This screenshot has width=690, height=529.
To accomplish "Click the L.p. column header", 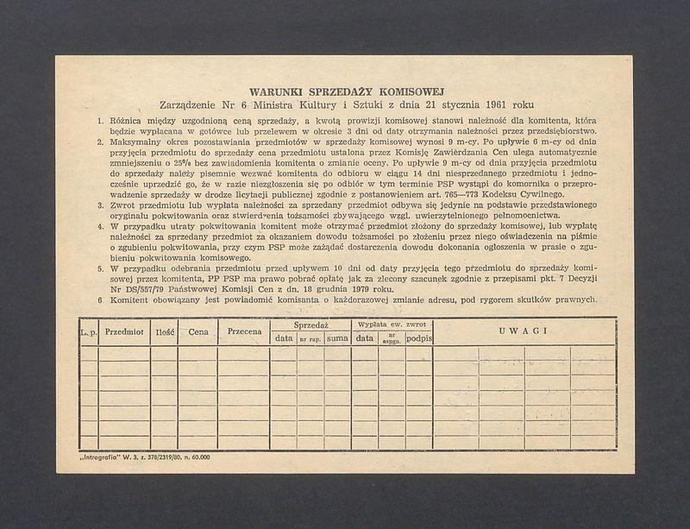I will (88, 331).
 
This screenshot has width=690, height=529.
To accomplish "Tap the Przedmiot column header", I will (124, 331).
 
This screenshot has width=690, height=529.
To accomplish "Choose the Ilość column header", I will (165, 331).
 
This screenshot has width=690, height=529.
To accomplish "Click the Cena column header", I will (198, 331).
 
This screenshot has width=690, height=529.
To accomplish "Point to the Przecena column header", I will (243, 331).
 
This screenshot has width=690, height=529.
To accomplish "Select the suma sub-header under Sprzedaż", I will (337, 338).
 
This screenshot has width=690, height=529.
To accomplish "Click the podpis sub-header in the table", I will (419, 338).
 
